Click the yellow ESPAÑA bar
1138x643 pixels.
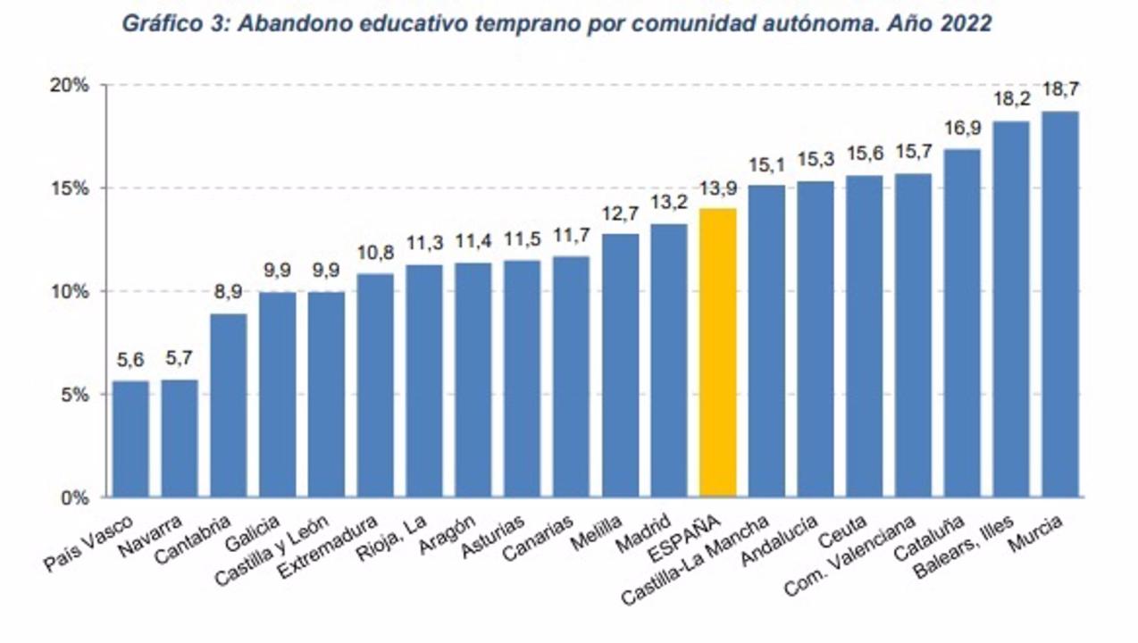pyautogui.click(x=717, y=352)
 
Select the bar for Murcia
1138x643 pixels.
pyautogui.click(x=1060, y=304)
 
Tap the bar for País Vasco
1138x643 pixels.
pyautogui.click(x=130, y=438)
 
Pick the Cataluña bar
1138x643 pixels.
pyautogui.click(x=962, y=322)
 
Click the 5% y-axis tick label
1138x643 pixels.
pyautogui.click(x=74, y=395)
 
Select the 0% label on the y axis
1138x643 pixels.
pyautogui.click(x=74, y=497)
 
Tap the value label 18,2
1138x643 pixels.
pyautogui.click(x=1011, y=98)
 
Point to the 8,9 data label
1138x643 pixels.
pyautogui.click(x=228, y=291)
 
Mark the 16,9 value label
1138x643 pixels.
pyautogui.click(x=962, y=127)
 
